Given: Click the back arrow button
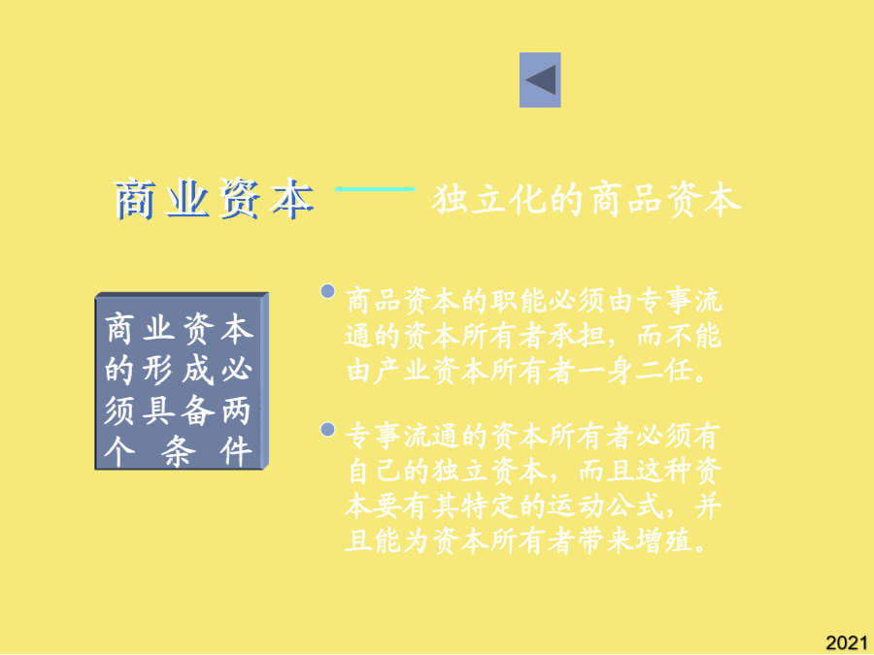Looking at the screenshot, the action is (540, 80).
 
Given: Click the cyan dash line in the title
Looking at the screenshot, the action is (375, 189).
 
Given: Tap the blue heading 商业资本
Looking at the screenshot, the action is (214, 199).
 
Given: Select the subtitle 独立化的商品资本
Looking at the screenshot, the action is (587, 199).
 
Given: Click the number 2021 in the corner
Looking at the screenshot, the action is (847, 642).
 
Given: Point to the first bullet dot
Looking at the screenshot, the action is (328, 291).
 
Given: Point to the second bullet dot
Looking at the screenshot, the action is (328, 430).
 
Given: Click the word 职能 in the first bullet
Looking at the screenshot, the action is (519, 302).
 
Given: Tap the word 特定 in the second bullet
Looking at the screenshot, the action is (490, 507).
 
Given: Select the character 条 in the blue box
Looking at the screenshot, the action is (179, 451).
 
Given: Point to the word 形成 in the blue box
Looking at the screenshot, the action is (179, 370).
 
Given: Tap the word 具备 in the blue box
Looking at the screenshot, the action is (179, 410).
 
